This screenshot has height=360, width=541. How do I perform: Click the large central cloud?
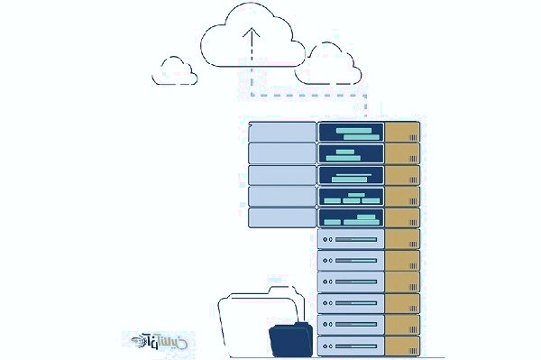coord(252,41)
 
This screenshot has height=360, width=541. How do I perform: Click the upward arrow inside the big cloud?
coord(252,45)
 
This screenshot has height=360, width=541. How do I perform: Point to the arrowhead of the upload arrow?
coord(252,30)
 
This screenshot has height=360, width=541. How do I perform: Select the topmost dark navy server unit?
coord(351,132)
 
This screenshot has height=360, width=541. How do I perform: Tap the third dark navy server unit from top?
coord(351,175)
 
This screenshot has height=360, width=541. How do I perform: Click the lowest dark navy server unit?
coord(351,217)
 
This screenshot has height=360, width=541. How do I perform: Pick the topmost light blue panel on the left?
coord(281,132)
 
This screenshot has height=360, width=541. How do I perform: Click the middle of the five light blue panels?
coord(281,175)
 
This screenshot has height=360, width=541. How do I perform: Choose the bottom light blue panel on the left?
coord(281,217)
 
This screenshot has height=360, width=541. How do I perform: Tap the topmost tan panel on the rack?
coord(402,132)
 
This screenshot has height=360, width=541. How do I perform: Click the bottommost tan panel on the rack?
coord(402,345)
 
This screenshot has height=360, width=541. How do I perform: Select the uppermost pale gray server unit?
coord(351,239)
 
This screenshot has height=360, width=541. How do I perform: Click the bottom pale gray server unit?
coord(351,345)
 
